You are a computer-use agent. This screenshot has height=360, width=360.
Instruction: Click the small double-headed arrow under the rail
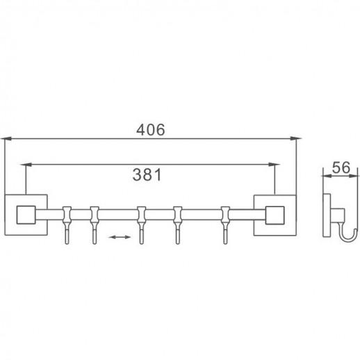(120, 238)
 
